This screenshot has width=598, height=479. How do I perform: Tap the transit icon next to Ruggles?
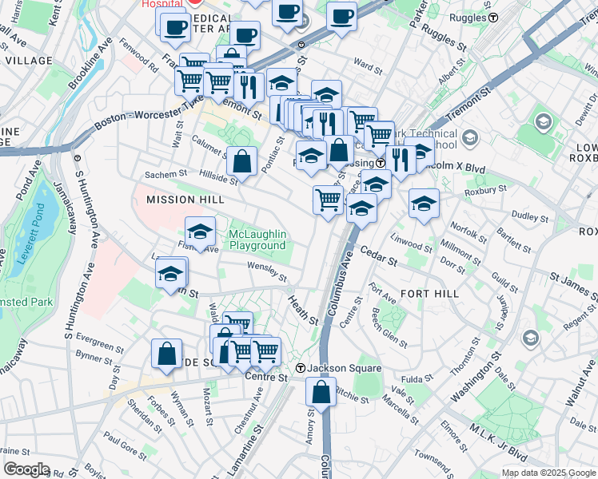pos(494,17)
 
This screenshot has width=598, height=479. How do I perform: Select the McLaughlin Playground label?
pos(257,239)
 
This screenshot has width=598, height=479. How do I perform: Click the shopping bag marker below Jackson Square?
pos(321,393)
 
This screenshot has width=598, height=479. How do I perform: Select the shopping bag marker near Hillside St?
pos(241,162)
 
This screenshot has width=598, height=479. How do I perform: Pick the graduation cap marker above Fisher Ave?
pos(200,232)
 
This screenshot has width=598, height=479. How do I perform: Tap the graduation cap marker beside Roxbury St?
pos(424,204)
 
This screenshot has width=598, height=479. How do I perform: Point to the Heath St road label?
pos(303,308)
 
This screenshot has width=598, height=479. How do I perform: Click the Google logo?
pos(26,469)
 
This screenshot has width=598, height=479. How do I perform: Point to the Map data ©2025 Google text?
pos(548,473)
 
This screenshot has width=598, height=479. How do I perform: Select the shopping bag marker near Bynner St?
pos(165,353)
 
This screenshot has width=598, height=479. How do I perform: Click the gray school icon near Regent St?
pos(529,338)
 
